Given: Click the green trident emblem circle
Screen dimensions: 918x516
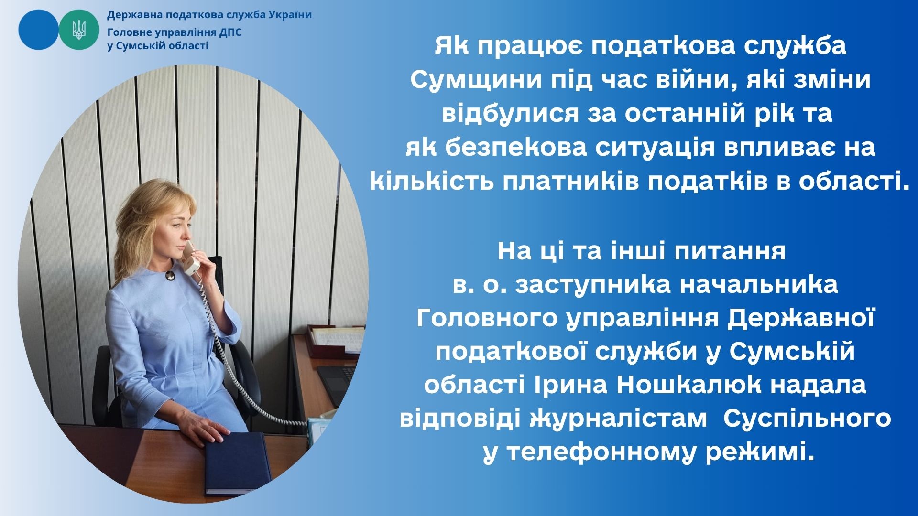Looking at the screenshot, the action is tap(79, 30).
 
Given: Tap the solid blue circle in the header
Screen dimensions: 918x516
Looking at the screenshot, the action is tap(38, 30).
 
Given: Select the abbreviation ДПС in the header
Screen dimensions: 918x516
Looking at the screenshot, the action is tap(230, 32).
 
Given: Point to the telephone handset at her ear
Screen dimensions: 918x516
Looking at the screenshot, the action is tap(192, 258).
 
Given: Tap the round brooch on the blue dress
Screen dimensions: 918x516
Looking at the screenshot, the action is tap(169, 276).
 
